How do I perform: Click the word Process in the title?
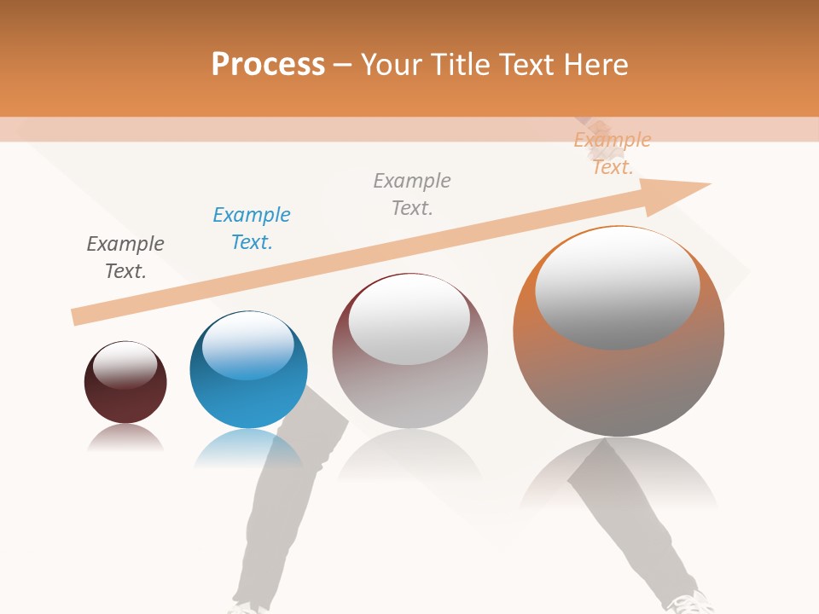point(268,65)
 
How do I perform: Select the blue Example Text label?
point(252,229)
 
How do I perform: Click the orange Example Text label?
point(612,153)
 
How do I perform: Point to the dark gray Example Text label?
point(125,258)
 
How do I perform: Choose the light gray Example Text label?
point(412,194)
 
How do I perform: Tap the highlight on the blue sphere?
point(248,346)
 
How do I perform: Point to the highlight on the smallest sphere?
point(125,365)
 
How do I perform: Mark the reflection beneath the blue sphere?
point(247,448)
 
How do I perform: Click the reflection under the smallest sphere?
point(125,438)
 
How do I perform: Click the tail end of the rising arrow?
point(78,316)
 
